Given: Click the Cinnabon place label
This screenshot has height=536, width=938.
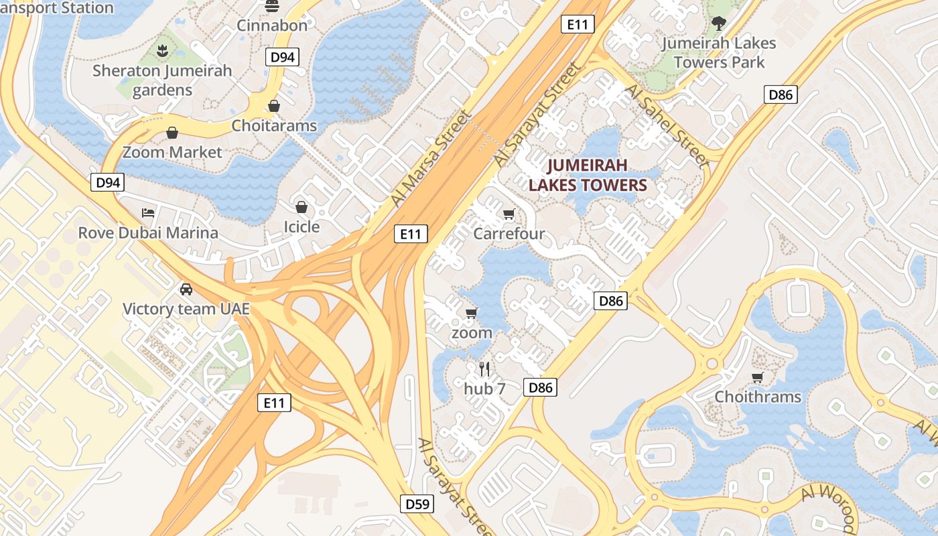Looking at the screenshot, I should tap(272, 25).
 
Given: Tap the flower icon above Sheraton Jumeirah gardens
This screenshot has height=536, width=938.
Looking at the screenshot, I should tap(161, 50).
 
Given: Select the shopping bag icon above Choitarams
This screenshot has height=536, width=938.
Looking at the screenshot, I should tap(273, 106).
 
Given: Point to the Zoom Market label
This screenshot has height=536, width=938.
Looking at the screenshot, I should tap(172, 152).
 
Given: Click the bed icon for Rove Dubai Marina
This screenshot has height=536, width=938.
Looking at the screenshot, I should tap(148, 213).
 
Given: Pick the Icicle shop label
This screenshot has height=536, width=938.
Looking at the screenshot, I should tap(301, 226).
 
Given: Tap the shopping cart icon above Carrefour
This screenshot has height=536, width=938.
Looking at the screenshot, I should tap(509, 214).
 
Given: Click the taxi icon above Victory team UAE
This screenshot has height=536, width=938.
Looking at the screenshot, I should tap(186, 289).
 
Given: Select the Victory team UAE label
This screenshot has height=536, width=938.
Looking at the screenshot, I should tap(186, 309).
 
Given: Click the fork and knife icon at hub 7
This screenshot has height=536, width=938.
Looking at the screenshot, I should tap(485, 368).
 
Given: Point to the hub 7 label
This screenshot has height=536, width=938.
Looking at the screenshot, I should tap(485, 389).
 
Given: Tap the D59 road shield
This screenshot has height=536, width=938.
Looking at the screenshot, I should tap(418, 504).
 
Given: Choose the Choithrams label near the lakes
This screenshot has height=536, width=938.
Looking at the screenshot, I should tap(758, 397).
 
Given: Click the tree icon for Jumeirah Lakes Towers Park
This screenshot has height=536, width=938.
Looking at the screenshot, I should tap(718, 24).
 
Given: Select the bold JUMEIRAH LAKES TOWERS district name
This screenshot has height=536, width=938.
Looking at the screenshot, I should tap(588, 176).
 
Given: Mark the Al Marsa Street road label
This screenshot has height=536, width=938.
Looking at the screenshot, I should tap(429, 158).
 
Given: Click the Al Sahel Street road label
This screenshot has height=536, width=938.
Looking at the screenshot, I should tap(667, 126).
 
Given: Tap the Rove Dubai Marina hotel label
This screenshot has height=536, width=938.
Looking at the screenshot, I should tap(148, 232).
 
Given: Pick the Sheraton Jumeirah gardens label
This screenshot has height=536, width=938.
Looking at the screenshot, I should tap(162, 80).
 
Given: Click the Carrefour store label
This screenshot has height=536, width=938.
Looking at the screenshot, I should tap(509, 234).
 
